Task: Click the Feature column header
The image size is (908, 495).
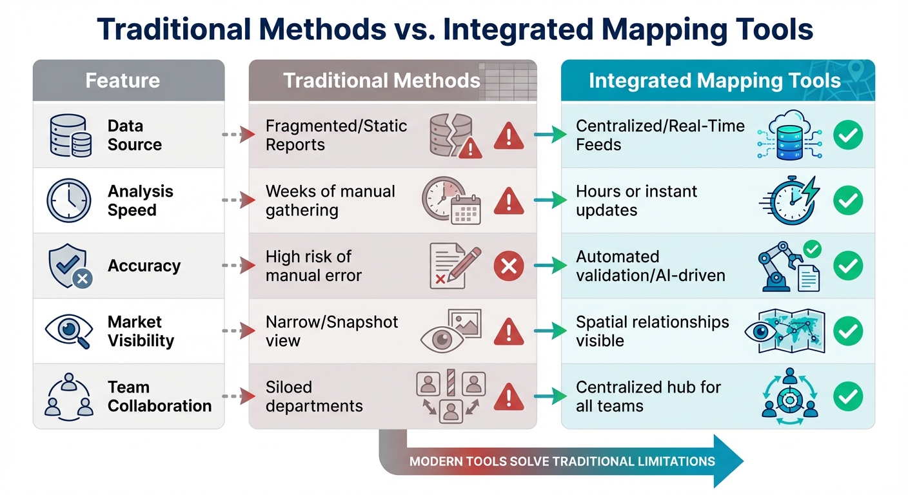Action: pos(123,81)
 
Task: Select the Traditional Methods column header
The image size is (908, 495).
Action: pos(381,81)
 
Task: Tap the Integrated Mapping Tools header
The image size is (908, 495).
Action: pos(715,81)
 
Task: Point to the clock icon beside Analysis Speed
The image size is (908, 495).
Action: pos(68,200)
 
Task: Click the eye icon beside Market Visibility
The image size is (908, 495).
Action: pos(68,331)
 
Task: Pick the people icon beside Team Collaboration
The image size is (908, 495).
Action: pos(68,396)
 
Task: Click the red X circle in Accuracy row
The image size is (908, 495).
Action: pos(508,266)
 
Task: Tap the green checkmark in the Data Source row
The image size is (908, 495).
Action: pos(847,135)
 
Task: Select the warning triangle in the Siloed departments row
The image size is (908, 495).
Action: pos(508,396)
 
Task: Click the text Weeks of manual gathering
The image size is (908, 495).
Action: pos(330,200)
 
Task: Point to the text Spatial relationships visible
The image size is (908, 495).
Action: pos(652,331)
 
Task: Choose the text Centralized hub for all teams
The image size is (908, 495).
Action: pos(647,396)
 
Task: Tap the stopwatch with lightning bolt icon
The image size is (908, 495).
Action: pos(788,200)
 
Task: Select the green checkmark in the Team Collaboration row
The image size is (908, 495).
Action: pos(847,396)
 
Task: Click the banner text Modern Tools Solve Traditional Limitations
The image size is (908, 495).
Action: pos(562,461)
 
